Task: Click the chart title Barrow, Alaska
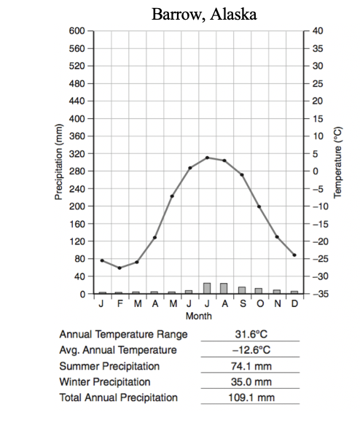pos(204,14)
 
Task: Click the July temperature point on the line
pos(207,158)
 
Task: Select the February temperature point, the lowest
pos(120,268)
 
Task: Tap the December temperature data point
pos(294,255)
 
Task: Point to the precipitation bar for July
pos(207,288)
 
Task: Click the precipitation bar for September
pos(242,290)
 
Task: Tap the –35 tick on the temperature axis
pos(317,294)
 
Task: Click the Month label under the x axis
pos(199,316)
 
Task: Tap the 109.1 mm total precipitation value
pos(251,397)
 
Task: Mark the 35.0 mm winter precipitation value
pos(251,381)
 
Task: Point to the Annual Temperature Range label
pos(123,334)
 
